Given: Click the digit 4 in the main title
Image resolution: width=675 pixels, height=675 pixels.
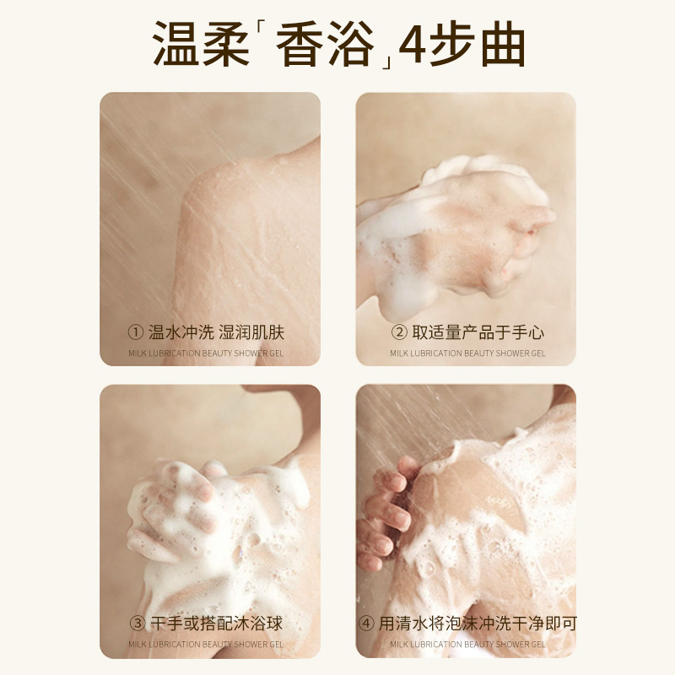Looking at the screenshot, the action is (x=413, y=44).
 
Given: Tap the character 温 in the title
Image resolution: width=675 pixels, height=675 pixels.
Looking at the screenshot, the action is (x=176, y=44).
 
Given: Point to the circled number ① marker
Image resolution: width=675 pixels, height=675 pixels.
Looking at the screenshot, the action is (x=136, y=332).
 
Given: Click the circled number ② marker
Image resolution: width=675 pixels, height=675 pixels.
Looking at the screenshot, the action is (x=399, y=332).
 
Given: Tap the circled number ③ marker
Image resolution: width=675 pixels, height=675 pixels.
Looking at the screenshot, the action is (x=138, y=623).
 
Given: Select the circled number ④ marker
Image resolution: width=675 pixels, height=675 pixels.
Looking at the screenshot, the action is (x=366, y=623).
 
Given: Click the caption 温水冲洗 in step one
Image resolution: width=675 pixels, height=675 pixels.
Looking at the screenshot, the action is (x=181, y=332).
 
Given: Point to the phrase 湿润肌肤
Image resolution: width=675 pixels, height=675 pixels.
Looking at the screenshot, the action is (x=251, y=332).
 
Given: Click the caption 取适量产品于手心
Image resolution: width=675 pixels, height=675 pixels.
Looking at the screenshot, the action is (x=478, y=332).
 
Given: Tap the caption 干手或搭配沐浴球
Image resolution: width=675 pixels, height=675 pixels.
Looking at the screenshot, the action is (x=217, y=624).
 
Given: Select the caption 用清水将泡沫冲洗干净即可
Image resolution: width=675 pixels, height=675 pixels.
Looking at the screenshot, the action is (x=478, y=624).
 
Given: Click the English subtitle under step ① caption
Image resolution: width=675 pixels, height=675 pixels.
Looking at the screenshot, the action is (x=206, y=354).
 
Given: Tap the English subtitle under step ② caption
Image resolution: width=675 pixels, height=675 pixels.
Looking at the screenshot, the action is (x=467, y=354).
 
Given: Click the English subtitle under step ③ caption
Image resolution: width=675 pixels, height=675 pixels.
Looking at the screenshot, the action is (x=206, y=645).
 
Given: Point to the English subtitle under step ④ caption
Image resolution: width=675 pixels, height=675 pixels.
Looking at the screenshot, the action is (x=467, y=645).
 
